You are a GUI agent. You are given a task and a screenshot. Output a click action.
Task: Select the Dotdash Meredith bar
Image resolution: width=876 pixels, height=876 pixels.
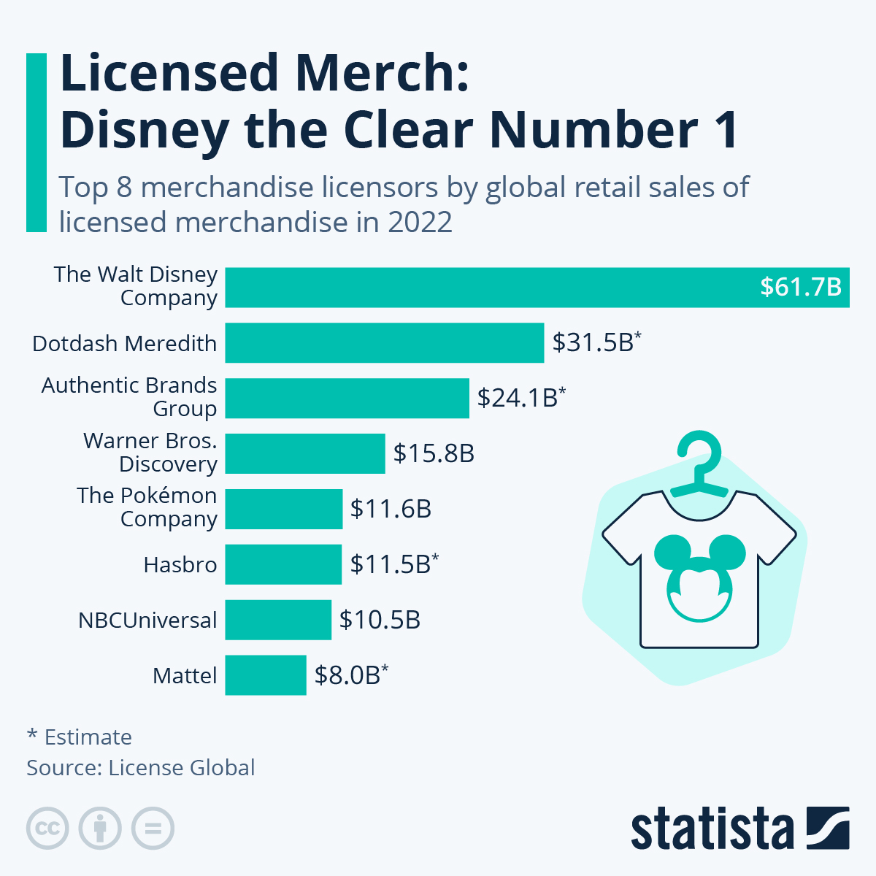384,342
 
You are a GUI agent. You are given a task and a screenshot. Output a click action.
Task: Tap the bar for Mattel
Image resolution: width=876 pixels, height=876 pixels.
265,675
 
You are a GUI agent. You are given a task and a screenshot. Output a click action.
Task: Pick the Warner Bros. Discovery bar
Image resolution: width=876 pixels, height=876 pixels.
304,453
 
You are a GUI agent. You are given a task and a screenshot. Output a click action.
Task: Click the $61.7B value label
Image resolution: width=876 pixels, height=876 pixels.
801,287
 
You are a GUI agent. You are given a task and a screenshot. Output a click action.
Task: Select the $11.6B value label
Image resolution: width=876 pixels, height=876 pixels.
391,509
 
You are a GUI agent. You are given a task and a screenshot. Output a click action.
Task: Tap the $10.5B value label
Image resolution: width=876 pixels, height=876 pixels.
380,620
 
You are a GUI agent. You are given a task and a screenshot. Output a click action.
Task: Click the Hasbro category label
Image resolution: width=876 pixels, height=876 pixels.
180,564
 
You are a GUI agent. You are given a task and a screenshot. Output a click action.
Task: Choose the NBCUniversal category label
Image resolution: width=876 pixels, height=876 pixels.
147,620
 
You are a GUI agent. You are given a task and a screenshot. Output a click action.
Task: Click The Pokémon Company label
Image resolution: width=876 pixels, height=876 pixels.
147,507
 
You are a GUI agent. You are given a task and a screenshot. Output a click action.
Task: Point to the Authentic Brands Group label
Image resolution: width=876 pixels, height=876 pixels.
129,396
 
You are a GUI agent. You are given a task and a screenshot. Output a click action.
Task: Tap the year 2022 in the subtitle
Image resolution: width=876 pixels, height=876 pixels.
420,222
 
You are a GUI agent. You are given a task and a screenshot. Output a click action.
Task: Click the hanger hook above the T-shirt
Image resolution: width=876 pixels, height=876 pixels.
699,453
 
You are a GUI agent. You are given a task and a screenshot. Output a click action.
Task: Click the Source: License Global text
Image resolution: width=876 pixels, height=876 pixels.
141,767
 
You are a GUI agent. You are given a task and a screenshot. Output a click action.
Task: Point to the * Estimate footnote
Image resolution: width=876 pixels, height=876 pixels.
80,737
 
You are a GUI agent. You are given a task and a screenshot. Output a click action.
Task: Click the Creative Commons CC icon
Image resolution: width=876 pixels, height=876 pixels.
47,829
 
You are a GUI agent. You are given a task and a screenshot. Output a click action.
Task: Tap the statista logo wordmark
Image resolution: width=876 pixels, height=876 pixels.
712,829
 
